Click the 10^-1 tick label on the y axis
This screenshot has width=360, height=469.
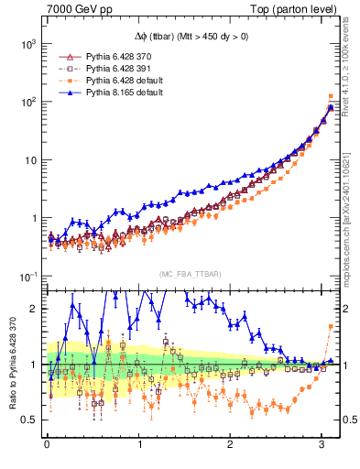click(x=27, y=277)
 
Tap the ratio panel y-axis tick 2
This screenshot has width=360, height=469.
click(x=34, y=309)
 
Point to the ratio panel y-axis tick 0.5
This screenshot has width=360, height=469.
click(x=30, y=420)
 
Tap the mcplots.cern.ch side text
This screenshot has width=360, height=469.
click(x=350, y=220)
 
